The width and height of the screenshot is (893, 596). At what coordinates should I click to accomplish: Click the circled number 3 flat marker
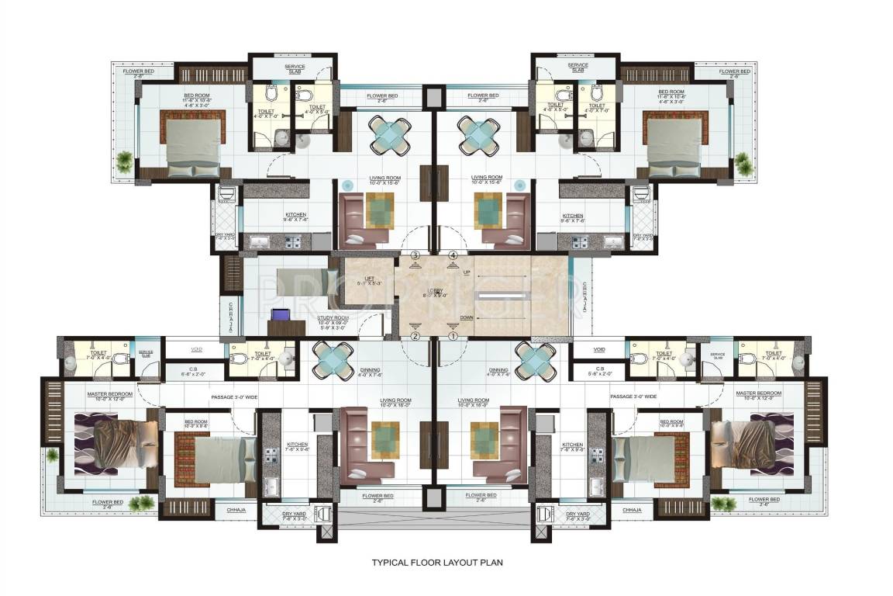point(415,255)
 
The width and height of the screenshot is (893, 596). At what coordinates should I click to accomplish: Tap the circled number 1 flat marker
point(454,336)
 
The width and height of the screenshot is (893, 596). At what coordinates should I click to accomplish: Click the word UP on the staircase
point(466,273)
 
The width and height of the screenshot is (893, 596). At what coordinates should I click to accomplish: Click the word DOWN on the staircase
point(466,317)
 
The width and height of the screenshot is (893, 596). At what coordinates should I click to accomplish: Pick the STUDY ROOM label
point(333,318)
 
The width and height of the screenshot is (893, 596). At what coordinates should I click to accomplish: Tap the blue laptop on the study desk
point(279,315)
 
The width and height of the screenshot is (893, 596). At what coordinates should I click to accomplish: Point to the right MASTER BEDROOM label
point(758,394)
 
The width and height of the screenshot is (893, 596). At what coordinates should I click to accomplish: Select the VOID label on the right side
point(598,349)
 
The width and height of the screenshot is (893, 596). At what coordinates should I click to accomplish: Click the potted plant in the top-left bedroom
point(123,161)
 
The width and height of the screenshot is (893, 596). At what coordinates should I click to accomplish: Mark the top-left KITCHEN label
point(273,215)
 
